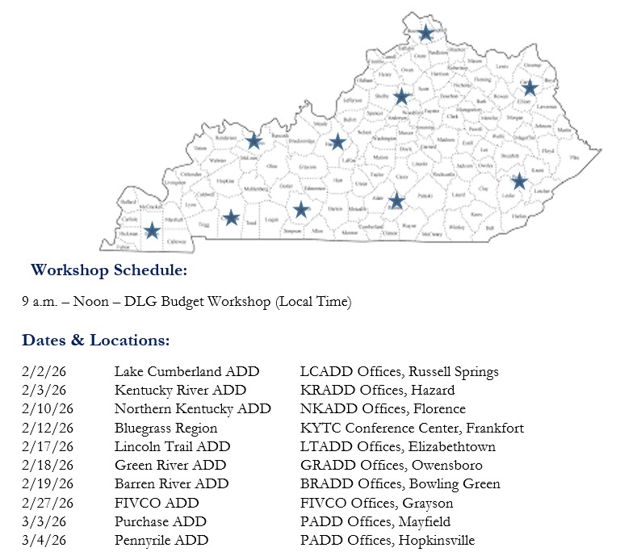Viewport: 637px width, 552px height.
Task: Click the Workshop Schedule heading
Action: coord(109,270)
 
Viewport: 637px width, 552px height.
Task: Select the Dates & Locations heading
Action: coord(96,341)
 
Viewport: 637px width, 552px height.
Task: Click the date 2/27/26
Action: coord(48,503)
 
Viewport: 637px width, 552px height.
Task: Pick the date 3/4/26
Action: coord(44,540)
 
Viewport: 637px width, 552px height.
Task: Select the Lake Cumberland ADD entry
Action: coord(186,372)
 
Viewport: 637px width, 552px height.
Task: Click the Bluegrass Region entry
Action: coord(166,429)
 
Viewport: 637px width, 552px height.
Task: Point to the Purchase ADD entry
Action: coord(160,521)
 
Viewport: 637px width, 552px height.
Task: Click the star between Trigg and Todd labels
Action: coord(231,217)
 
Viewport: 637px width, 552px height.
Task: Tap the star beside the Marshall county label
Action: coord(152,231)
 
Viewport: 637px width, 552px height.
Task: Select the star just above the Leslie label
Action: coord(519,182)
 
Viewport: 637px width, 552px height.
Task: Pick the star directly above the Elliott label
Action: coord(530,87)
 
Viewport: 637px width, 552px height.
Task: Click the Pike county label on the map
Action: coord(574,157)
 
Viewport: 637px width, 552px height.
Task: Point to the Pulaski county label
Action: coord(425,195)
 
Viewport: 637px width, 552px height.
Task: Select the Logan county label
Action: coord(271,220)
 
